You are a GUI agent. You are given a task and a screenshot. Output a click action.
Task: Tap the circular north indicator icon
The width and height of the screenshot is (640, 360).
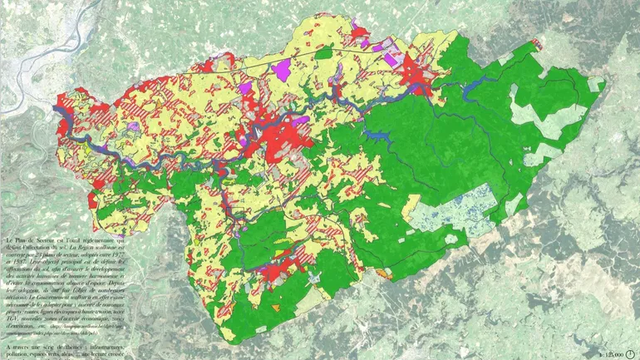pos(631,353)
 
